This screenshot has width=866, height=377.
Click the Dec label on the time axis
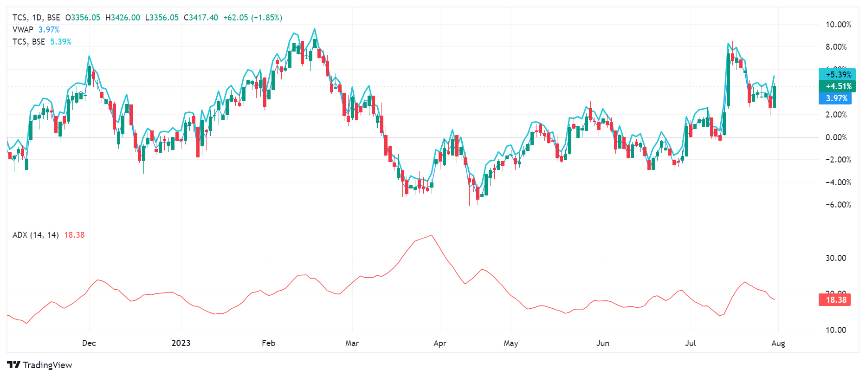pos(89,343)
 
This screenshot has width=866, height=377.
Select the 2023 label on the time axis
pos(181,343)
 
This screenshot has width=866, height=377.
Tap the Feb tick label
pos(268,343)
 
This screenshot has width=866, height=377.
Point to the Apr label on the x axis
pos(439,343)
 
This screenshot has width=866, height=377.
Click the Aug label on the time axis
pos(778,343)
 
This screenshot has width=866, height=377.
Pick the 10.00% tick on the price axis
pos(838,25)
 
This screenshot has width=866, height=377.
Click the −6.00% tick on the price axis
pos(838,205)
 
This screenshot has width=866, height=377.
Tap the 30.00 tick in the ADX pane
pos(835,258)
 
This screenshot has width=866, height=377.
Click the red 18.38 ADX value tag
pos(836,300)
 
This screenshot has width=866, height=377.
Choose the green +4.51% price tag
pos(838,86)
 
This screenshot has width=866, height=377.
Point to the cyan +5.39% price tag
pos(838,74)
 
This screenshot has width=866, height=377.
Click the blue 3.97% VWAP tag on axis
pos(836,98)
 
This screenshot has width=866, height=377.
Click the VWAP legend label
pos(23,30)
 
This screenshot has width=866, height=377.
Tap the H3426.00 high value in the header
pos(123,18)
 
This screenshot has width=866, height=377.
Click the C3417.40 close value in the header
pos(200,18)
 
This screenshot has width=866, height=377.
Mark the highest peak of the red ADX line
pos(432,235)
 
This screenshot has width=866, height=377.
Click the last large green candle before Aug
pos(774,97)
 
